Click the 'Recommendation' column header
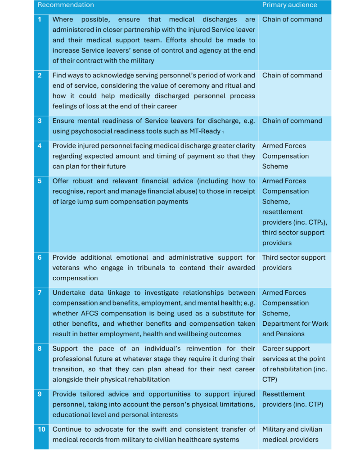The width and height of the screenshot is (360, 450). (66, 5)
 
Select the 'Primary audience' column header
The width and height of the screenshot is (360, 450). (289, 5)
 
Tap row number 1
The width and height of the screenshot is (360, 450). (40, 19)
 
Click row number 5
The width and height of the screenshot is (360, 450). (40, 181)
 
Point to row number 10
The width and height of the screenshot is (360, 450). (41, 429)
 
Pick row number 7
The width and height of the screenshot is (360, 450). (40, 292)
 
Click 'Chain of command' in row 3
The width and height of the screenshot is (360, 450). (292, 121)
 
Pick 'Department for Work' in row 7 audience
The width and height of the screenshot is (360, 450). (295, 324)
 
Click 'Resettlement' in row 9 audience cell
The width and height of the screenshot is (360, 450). (283, 394)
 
